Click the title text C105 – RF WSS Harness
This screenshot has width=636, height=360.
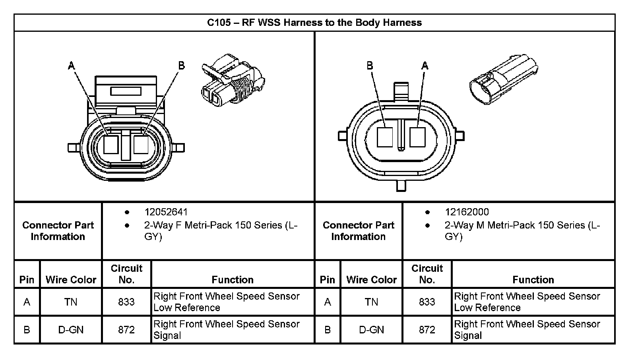click(314, 22)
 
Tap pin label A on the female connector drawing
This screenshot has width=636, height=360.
click(72, 66)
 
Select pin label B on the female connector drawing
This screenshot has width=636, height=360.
click(181, 66)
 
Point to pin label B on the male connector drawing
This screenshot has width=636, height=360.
click(370, 66)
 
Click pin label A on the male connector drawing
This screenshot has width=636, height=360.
click(425, 66)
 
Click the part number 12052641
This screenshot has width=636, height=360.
click(166, 212)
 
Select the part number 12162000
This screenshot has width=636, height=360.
click(467, 212)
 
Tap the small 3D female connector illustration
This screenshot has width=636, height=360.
click(233, 80)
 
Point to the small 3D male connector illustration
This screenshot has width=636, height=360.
click(504, 79)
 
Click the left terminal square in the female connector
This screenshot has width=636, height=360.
click(111, 145)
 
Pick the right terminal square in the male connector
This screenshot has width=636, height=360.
click(417, 137)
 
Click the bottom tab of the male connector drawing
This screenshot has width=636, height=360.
click(401, 186)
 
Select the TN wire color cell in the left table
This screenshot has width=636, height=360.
click(71, 302)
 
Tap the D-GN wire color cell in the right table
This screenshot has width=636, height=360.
click(371, 330)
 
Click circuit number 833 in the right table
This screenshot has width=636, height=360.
click(427, 302)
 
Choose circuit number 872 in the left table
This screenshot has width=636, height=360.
click(126, 330)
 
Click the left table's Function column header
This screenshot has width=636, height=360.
click(233, 280)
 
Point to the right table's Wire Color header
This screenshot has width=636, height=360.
click(371, 280)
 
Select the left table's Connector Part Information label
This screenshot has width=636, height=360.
click(58, 231)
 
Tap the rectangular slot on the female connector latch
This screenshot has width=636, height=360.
click(126, 91)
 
